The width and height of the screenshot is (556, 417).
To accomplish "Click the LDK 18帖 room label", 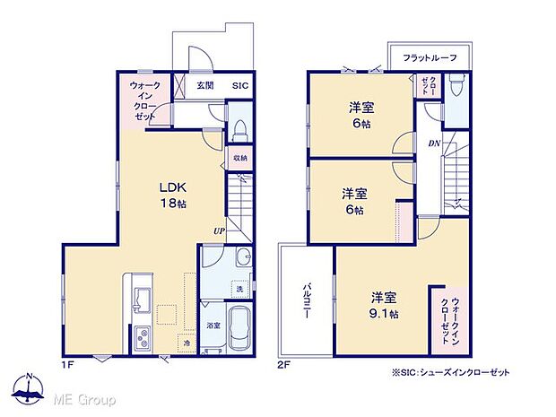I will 172,195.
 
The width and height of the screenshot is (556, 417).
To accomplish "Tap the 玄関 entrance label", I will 205,86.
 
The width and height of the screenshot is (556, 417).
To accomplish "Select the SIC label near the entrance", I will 240,86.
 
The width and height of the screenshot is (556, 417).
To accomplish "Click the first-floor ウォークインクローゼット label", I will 145,101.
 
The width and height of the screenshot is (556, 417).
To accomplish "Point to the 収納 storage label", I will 239,158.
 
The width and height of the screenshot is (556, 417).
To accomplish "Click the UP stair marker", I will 219,230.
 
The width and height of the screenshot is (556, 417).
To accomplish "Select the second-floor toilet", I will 456,88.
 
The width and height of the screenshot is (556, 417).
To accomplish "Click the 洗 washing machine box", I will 239,289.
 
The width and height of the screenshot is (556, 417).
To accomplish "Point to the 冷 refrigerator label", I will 187,343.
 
